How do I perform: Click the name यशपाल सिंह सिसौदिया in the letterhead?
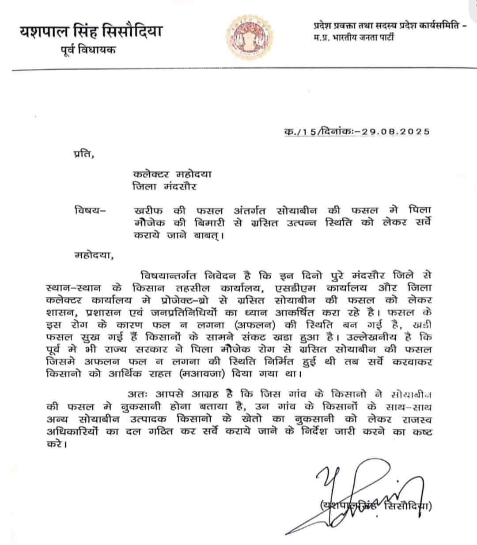(91, 32)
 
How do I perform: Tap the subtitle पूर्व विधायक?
(88, 50)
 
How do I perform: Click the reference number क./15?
(300, 131)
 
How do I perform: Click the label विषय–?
(90, 210)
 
